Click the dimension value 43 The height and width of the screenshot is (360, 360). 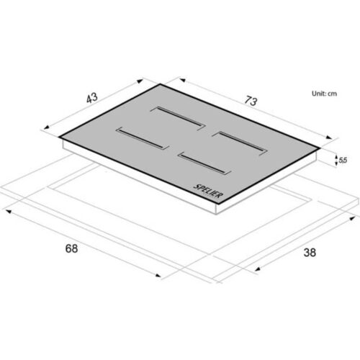click(x=92, y=98)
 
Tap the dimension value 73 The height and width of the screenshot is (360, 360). click(x=251, y=101)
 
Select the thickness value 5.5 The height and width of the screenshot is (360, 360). click(x=343, y=160)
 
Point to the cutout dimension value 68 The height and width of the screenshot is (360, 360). click(x=71, y=248)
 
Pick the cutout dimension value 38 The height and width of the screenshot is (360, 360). click(x=310, y=253)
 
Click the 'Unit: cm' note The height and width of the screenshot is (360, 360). click(x=324, y=94)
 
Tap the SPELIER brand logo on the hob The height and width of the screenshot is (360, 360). click(x=208, y=192)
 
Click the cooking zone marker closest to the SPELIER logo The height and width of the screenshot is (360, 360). click(x=204, y=163)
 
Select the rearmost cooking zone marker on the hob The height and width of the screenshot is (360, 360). click(x=178, y=118)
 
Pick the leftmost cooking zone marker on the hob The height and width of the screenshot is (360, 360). click(x=143, y=138)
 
